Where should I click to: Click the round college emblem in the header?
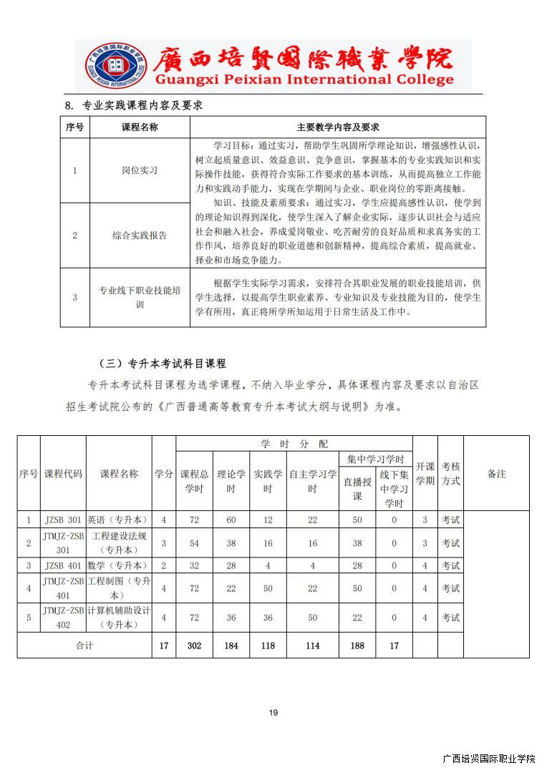click(x=115, y=66)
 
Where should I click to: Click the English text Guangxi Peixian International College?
click(x=304, y=79)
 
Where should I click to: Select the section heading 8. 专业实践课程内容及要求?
click(x=134, y=105)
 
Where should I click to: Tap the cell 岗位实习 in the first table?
click(x=140, y=170)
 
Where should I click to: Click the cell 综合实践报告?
click(x=140, y=235)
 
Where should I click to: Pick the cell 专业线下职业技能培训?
click(x=140, y=298)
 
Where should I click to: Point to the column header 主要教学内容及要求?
click(x=337, y=127)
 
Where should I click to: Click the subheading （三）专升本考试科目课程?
click(x=163, y=364)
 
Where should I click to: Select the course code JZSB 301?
click(x=63, y=520)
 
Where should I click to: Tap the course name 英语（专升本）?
click(x=118, y=520)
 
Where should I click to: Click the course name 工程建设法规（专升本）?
click(x=118, y=543)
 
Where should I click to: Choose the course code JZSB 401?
click(x=63, y=566)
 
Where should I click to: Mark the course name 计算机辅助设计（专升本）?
click(x=118, y=618)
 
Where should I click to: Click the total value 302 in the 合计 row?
click(x=194, y=646)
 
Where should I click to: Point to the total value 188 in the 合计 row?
click(x=357, y=646)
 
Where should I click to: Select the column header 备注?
click(x=496, y=474)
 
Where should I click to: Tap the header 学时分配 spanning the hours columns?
click(x=294, y=444)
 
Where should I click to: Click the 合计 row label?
click(x=84, y=646)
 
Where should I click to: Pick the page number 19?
click(x=273, y=713)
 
